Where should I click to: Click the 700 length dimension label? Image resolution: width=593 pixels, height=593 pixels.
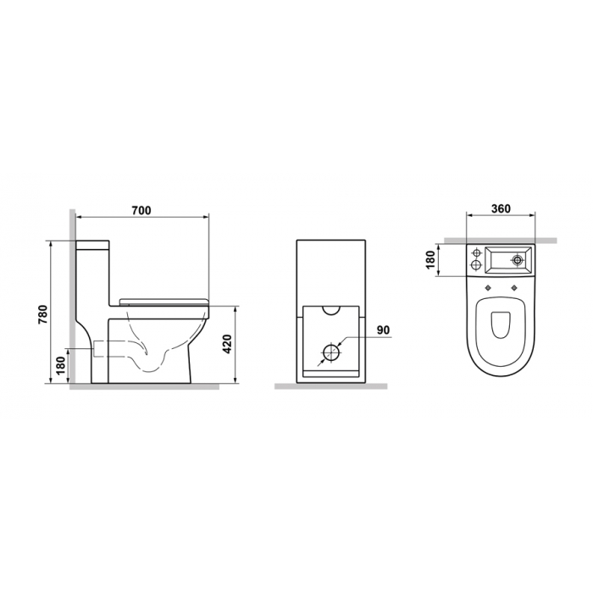pyautogui.click(x=141, y=210)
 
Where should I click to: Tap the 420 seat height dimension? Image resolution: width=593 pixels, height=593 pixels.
pyautogui.click(x=227, y=344)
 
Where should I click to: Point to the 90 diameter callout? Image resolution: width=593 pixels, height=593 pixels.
pyautogui.click(x=383, y=330)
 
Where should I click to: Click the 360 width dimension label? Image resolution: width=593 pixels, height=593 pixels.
pyautogui.click(x=501, y=208)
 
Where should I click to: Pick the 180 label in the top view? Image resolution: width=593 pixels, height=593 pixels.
pyautogui.click(x=430, y=260)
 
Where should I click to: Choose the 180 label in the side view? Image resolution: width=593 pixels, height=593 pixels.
pyautogui.click(x=62, y=365)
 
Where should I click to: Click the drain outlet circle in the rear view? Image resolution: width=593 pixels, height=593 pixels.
pyautogui.click(x=331, y=353)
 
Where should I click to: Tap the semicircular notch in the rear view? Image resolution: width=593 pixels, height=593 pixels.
pyautogui.click(x=331, y=312)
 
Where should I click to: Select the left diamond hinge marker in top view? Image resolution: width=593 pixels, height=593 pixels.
pyautogui.click(x=488, y=288)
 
